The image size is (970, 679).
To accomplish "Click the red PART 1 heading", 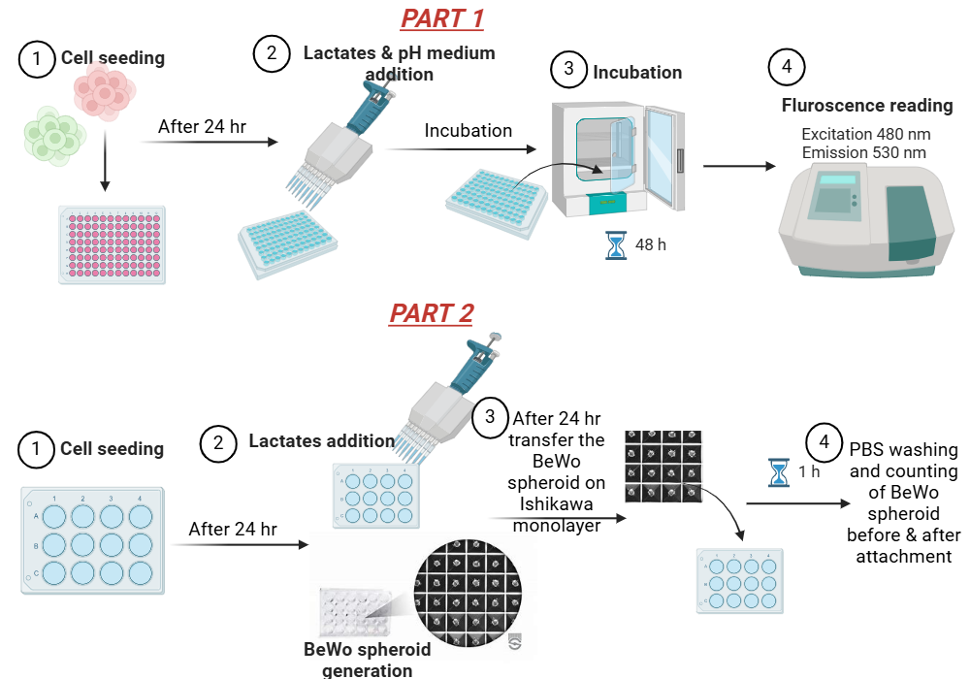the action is coord(442,18).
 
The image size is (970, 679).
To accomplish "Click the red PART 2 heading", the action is coord(432,313).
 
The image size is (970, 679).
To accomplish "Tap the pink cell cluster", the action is coord(104,92).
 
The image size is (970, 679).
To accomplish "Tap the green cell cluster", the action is coord(54,137).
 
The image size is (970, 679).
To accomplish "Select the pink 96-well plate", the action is coord(112,244).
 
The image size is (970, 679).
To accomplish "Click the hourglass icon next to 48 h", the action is coord(616,245).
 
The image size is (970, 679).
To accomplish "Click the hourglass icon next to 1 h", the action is coord(779,472).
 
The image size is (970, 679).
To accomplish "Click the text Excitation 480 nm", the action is coord(865,134).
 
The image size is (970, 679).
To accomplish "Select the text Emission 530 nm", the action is coord(863,152).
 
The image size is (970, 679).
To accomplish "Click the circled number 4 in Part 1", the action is coord(787,67).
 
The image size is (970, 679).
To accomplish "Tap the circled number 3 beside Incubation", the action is coord(568,69).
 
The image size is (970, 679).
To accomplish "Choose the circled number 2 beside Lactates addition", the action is coord(218,443).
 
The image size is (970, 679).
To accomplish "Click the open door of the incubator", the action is coord(664,158).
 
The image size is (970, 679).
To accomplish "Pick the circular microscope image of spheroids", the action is coord(468,593).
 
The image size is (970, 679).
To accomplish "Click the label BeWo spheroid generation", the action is coord(368,660).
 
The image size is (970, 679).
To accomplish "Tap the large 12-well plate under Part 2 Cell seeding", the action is coord(93,540).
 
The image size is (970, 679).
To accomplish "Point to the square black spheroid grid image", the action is coord(663,467).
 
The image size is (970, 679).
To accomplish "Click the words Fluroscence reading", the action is coord(867,106).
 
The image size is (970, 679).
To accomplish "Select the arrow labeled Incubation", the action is coord(461,149).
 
